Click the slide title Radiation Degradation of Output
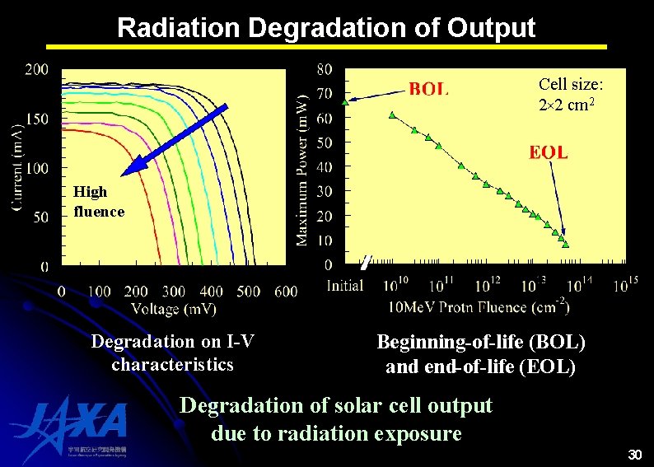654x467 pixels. (x=326, y=27)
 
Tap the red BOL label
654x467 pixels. (x=428, y=89)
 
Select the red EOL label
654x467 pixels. (x=548, y=152)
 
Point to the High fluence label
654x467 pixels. (x=99, y=202)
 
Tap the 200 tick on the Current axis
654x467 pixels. (x=36, y=69)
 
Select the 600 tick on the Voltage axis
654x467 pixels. (x=285, y=291)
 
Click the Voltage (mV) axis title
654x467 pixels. (x=173, y=309)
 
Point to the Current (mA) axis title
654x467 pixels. (x=18, y=168)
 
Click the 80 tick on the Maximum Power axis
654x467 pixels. (x=325, y=69)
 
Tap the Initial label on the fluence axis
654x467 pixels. (x=344, y=286)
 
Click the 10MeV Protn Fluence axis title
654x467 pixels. (x=478, y=307)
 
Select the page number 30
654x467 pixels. (x=634, y=455)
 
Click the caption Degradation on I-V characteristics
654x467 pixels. (x=172, y=353)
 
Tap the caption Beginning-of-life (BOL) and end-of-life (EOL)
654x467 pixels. (x=480, y=354)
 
